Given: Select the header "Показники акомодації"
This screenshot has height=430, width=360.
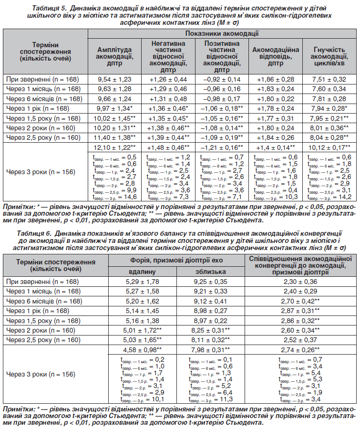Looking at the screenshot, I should click(222, 34).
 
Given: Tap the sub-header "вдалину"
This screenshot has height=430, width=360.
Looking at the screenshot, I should click(143, 272).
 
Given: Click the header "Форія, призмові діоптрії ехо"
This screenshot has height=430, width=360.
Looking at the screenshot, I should click(176, 261).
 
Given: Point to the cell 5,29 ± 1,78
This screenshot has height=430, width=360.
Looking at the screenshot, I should click(143, 282).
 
